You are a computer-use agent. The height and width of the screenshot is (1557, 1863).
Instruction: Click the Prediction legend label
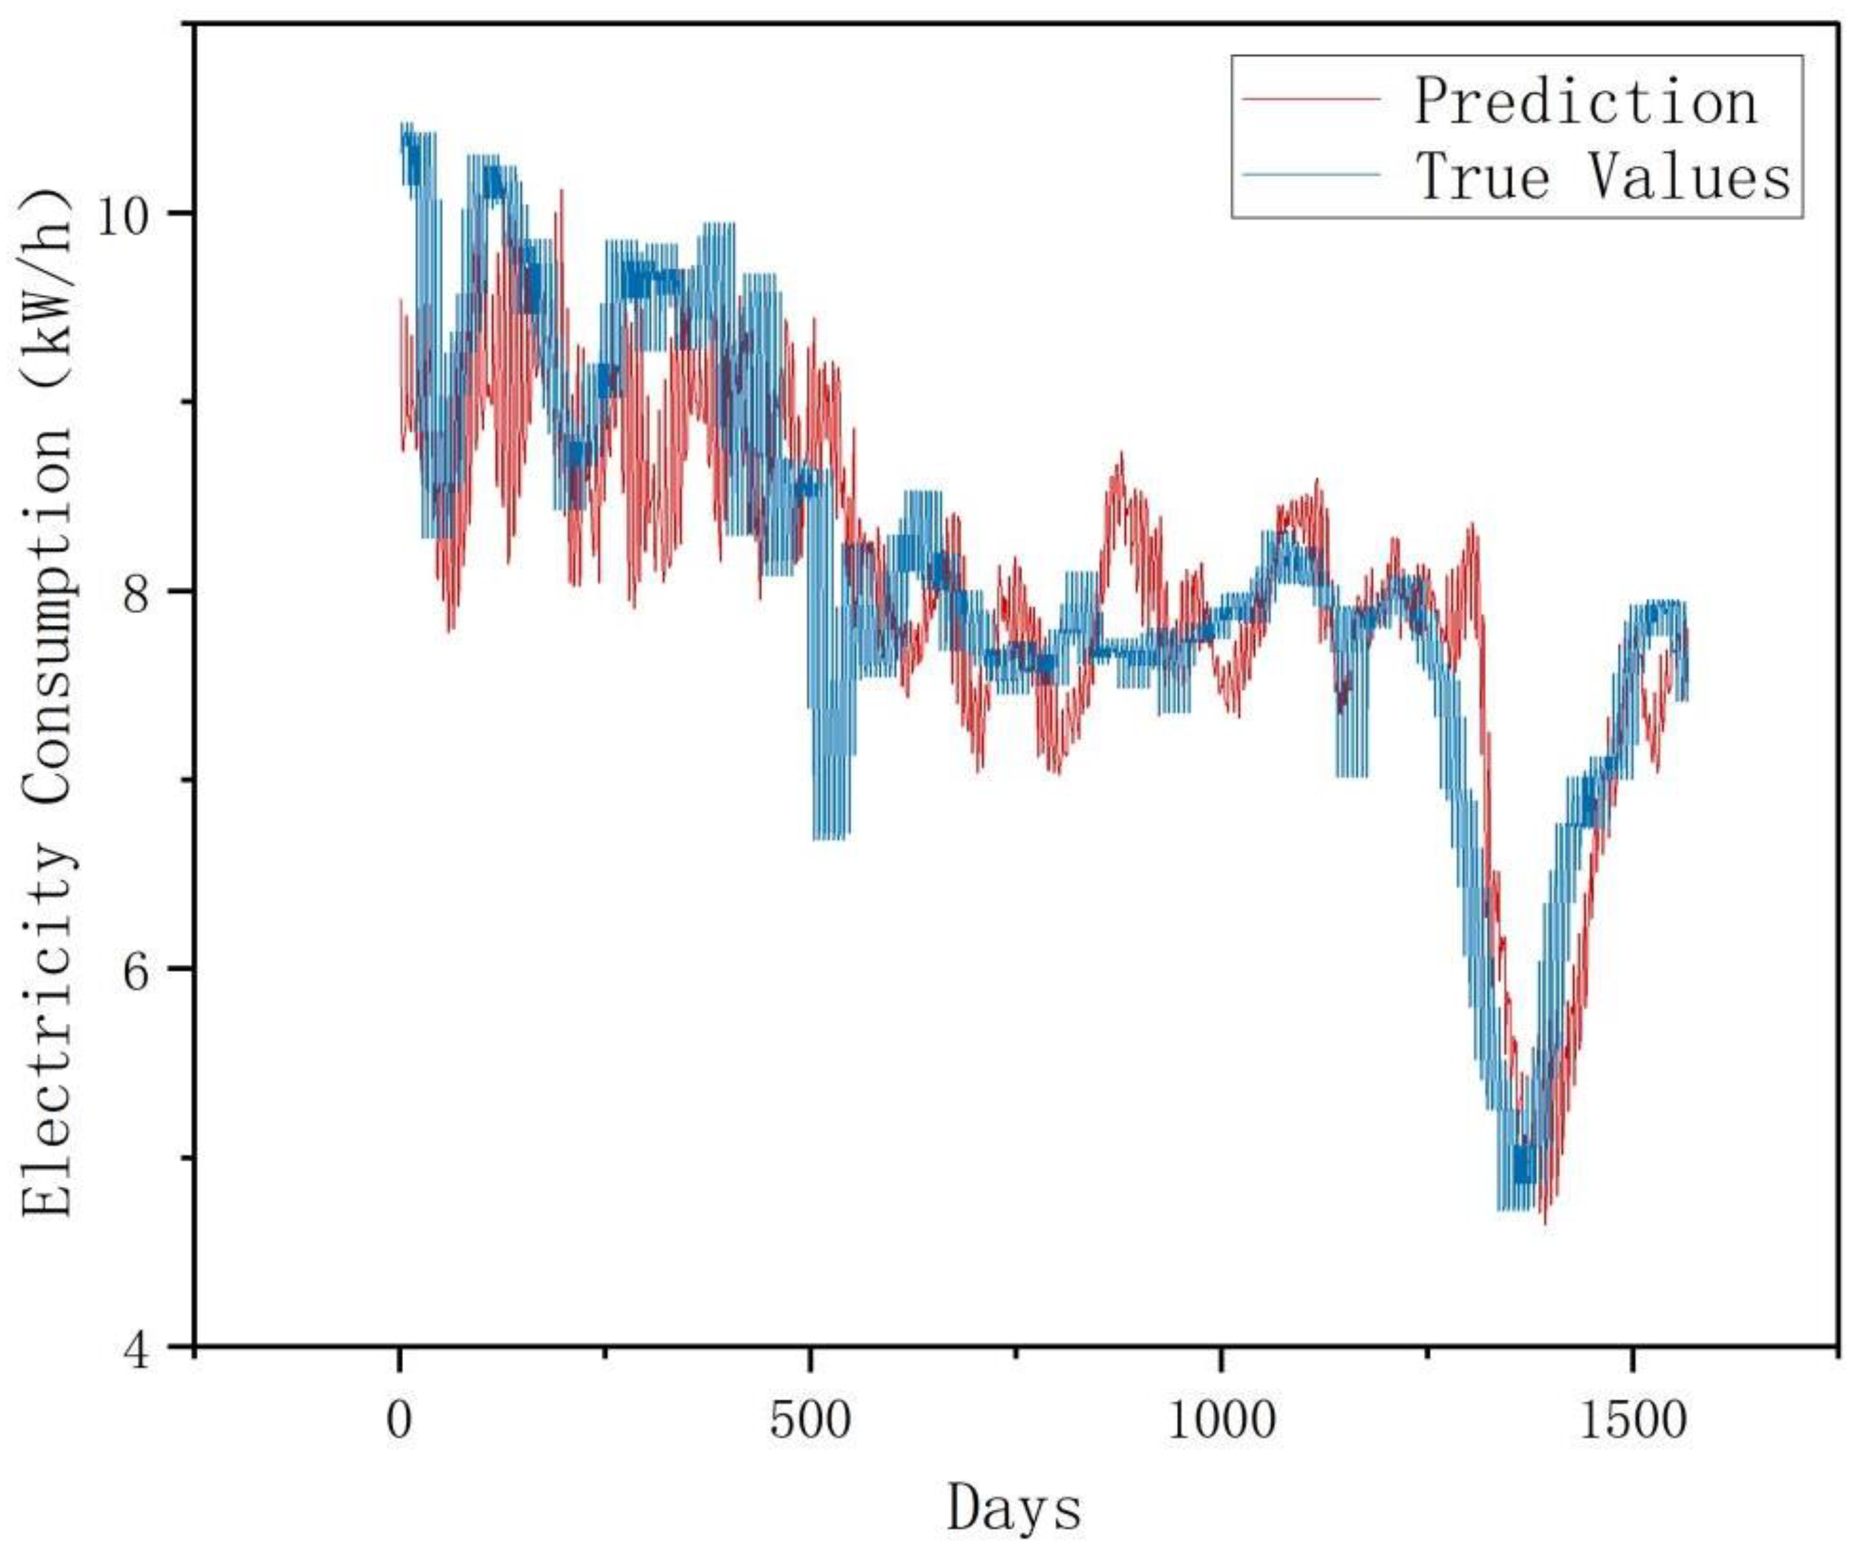pyautogui.click(x=1585, y=102)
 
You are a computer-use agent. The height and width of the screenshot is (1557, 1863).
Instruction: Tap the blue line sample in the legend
pyautogui.click(x=1311, y=174)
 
